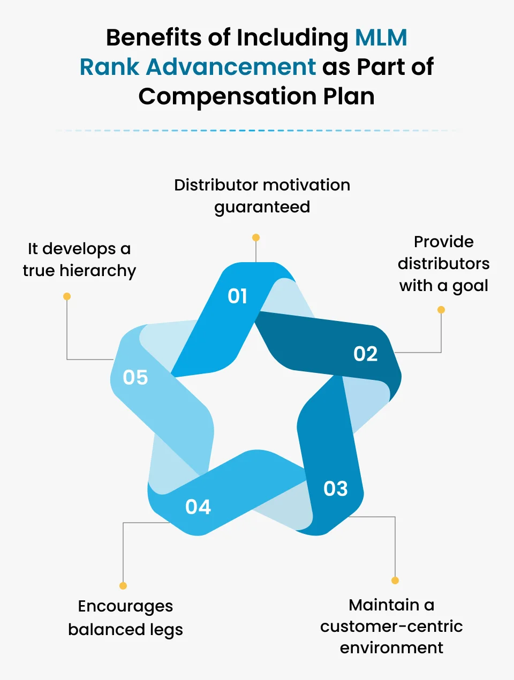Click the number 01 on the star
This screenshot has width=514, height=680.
[238, 296]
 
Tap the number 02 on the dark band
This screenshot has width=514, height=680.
[366, 354]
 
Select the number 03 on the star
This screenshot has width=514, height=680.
[336, 488]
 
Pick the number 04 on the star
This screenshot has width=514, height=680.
[198, 507]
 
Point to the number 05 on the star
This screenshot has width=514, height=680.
[135, 377]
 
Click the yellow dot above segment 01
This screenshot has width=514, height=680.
[256, 238]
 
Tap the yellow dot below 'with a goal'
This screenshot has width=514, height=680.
[441, 310]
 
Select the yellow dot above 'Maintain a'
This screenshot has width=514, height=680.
[395, 580]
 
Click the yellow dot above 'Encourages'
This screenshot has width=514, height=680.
[123, 586]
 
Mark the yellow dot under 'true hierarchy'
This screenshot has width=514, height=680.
[67, 296]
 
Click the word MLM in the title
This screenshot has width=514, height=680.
[381, 38]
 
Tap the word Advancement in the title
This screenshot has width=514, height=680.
[231, 67]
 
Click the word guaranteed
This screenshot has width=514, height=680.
[262, 208]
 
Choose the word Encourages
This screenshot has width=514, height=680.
[125, 607]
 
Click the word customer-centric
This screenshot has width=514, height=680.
[391, 626]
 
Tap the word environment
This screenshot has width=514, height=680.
[391, 648]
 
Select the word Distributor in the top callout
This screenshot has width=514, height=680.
[216, 185]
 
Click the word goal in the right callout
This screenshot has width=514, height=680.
[470, 286]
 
